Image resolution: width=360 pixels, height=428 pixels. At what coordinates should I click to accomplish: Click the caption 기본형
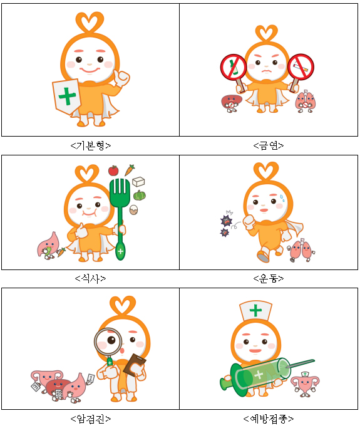click(x=91, y=146)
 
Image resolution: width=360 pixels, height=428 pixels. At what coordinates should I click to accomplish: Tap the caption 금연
click(x=269, y=146)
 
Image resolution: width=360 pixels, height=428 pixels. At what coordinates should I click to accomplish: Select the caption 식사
click(x=90, y=278)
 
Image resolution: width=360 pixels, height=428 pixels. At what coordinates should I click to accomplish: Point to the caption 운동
click(x=269, y=278)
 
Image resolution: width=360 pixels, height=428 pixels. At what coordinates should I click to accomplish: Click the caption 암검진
click(x=91, y=419)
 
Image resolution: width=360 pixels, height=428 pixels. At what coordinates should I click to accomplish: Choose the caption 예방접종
click(x=269, y=419)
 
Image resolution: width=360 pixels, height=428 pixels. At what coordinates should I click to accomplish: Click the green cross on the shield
click(x=67, y=97)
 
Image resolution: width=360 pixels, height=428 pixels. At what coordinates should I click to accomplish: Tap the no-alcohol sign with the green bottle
click(x=234, y=67)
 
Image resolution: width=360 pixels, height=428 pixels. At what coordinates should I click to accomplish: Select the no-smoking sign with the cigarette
click(x=301, y=66)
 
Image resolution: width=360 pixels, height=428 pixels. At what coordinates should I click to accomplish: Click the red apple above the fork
click(x=113, y=170)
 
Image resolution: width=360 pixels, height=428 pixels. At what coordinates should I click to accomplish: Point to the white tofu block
click(x=138, y=182)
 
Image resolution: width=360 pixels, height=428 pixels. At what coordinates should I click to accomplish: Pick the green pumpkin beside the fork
click(x=140, y=195)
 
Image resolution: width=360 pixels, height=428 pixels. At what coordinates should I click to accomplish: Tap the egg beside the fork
click(x=133, y=210)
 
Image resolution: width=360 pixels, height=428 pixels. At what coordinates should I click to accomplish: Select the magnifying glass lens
click(x=108, y=342)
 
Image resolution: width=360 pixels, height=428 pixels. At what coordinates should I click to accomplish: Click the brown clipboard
click(x=135, y=365)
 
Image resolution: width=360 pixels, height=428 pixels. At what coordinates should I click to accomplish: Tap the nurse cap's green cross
click(x=255, y=310)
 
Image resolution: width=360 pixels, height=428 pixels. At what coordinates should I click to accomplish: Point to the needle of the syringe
click(x=301, y=364)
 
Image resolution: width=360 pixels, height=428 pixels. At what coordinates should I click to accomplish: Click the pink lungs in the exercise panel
click(x=301, y=250)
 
